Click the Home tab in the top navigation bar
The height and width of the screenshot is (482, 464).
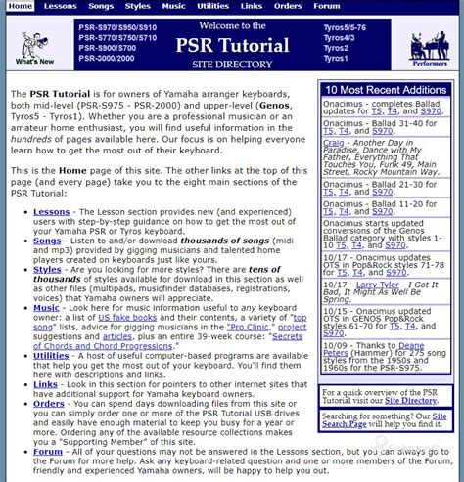tap(21, 6)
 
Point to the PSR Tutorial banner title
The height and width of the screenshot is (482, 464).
tap(231, 45)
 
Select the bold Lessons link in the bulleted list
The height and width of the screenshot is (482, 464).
tap(51, 211)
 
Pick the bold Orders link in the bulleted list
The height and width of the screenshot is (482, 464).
tap(48, 402)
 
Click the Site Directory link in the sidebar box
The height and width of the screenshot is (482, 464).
tap(410, 401)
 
